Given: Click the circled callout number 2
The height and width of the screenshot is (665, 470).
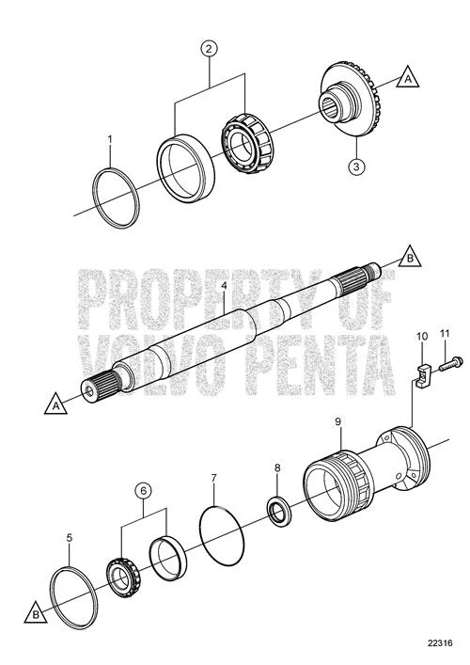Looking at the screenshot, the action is pyautogui.click(x=209, y=48).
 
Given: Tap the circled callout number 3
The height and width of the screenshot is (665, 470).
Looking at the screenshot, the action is pyautogui.click(x=356, y=166).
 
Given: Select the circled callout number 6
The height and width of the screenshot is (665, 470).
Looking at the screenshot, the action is pyautogui.click(x=143, y=491).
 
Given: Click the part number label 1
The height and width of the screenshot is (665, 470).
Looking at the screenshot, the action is pyautogui.click(x=110, y=139).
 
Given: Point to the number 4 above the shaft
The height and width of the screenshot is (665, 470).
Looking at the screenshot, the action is pyautogui.click(x=225, y=285).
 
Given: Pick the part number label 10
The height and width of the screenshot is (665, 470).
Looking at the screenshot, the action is pyautogui.click(x=422, y=337).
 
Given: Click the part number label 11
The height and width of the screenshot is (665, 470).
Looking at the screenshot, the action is pyautogui.click(x=444, y=334).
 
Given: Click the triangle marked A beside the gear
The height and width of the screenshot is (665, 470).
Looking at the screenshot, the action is pyautogui.click(x=408, y=78).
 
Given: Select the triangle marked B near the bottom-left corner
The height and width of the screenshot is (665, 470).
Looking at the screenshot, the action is pyautogui.click(x=36, y=612).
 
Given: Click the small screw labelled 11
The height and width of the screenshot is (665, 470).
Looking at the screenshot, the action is pyautogui.click(x=450, y=364).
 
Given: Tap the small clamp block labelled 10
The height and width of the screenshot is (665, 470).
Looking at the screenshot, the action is pyautogui.click(x=423, y=375).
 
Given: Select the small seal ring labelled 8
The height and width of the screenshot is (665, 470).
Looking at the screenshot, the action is pyautogui.click(x=278, y=510).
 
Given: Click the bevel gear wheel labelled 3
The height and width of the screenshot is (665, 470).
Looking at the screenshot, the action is pyautogui.click(x=349, y=100).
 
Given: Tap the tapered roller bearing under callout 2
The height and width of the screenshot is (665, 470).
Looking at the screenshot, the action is pyautogui.click(x=246, y=143).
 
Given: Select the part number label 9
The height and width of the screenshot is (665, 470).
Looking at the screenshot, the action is pyautogui.click(x=337, y=421).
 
